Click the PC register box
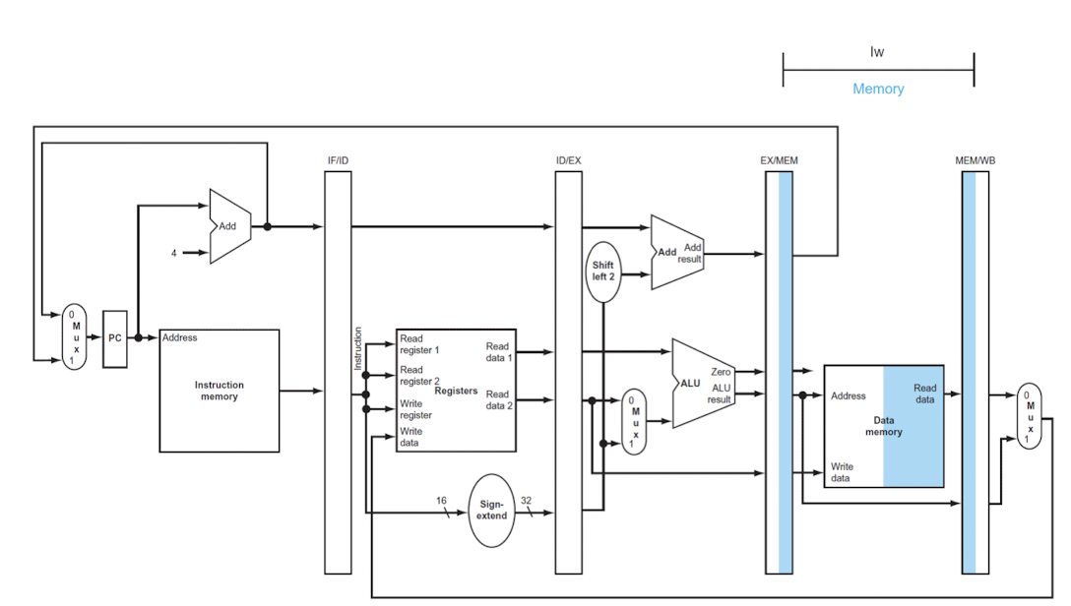point(115,337)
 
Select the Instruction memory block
point(219,391)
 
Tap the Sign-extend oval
point(492,510)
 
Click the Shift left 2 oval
point(602,271)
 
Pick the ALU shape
point(699,383)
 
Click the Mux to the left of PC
point(74,336)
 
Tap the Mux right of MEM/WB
point(1030,414)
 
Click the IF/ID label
point(338,159)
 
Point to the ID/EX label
point(568,159)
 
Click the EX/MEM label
point(779,159)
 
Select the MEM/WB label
point(976,159)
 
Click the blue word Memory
point(878,89)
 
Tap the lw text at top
point(877,52)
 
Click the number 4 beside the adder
point(174,253)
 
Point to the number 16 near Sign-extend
point(441,501)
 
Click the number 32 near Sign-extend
point(526,501)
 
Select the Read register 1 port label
point(419,344)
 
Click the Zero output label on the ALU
point(721,372)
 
